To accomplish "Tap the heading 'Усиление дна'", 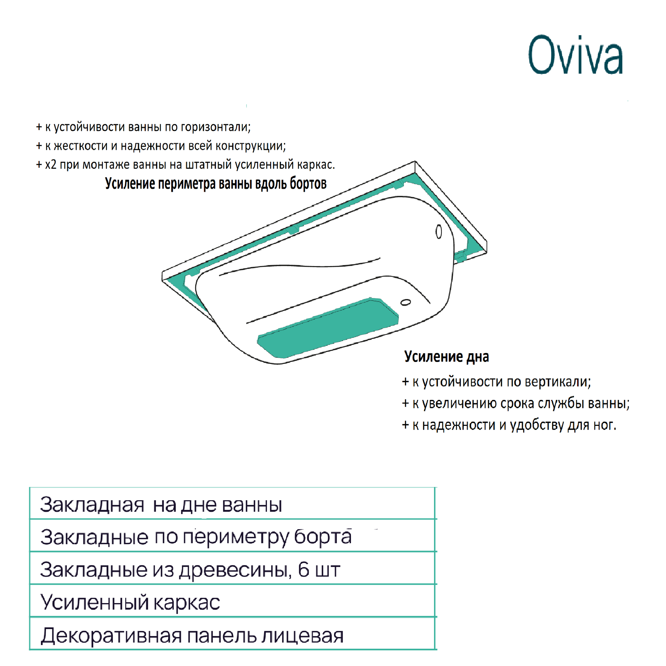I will click(447, 356).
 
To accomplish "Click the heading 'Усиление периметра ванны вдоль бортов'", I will click(216, 183).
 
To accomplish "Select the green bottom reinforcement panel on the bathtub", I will click(327, 327).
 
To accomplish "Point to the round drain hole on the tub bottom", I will click(405, 302).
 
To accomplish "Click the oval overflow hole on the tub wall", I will click(439, 232).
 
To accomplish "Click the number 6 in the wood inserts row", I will click(303, 569).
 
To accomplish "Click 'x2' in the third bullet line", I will click(51, 165).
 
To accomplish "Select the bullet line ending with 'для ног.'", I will click(509, 425).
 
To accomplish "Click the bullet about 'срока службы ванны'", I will click(515, 403).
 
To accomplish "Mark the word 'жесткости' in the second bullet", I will click(81, 146).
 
